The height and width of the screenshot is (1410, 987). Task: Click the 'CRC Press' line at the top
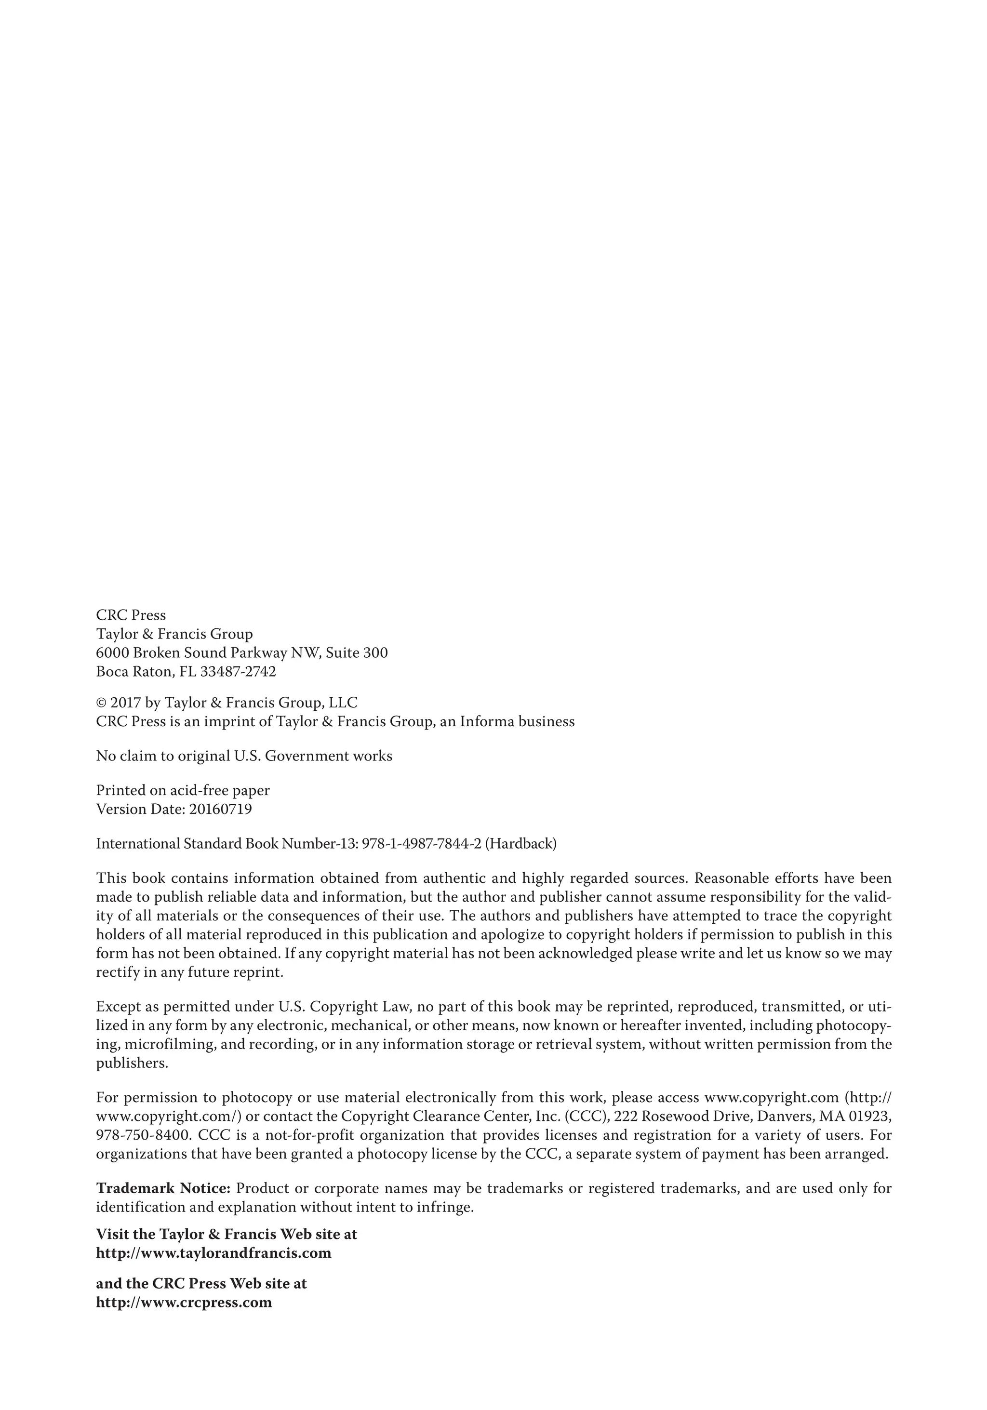[131, 615]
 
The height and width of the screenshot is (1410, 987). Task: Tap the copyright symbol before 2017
[101, 703]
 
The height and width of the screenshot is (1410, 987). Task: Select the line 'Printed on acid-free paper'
[183, 791]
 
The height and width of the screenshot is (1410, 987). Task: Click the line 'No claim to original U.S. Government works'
[244, 757]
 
